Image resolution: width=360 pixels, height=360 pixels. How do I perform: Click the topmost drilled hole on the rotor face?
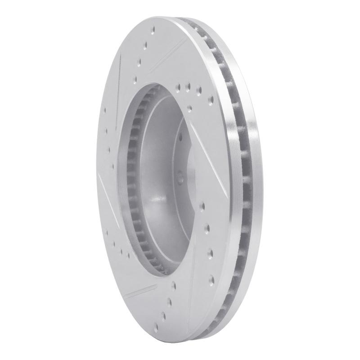[153, 30]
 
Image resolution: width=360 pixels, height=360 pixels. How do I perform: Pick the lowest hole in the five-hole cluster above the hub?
[190, 108]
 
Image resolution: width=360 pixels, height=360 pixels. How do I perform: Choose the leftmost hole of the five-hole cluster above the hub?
[179, 85]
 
